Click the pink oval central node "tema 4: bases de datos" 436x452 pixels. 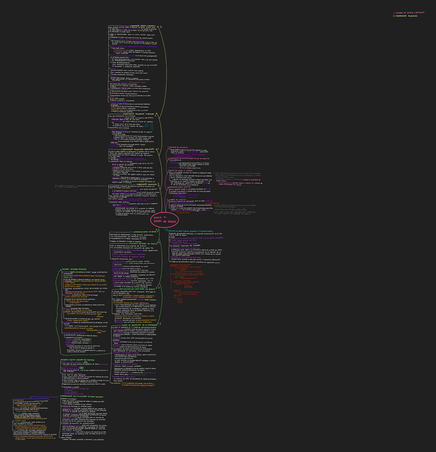pos(165,219)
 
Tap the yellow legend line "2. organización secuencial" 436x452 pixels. pos(405,16)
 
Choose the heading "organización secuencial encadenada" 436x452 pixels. pos(136,149)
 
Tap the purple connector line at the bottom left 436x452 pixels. pos(43,397)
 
